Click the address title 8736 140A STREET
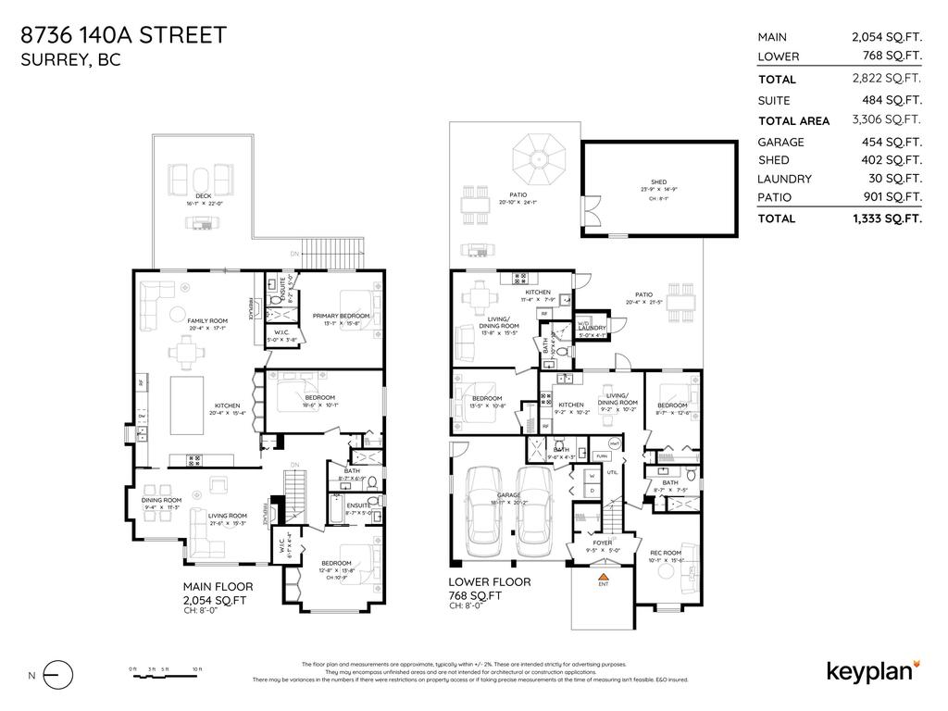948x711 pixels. [123, 36]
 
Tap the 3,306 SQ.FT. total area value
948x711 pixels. [886, 120]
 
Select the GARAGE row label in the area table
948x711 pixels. [780, 143]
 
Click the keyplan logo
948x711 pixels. [873, 670]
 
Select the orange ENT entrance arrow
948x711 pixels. [603, 577]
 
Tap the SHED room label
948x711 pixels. [658, 182]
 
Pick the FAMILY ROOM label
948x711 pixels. [207, 320]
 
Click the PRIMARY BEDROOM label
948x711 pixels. [341, 316]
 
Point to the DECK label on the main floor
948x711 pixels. [203, 195]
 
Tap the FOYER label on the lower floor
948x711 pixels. [602, 543]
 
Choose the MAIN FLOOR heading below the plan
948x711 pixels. [218, 587]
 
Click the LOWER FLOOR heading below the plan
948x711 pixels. [490, 582]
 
